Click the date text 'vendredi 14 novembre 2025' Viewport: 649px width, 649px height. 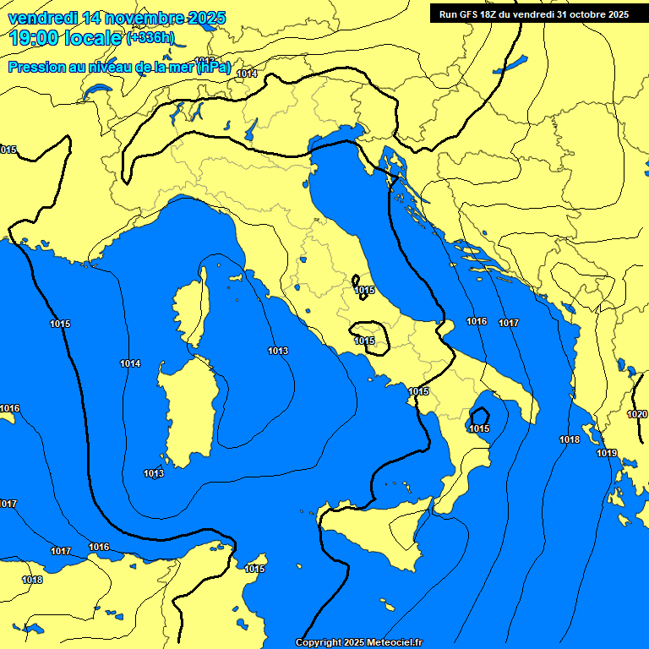point(117,17)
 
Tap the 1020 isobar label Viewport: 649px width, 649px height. point(636,414)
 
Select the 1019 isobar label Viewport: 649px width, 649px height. point(607,453)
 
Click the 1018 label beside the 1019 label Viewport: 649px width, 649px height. point(570,439)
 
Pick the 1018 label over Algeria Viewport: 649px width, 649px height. point(32,580)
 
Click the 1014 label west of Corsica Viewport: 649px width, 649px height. point(130,363)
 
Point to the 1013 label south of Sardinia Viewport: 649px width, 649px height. point(154,473)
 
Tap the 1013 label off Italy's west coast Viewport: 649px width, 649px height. point(278,351)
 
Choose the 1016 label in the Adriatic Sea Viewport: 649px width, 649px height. point(477,321)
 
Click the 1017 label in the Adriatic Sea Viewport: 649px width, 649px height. point(508,323)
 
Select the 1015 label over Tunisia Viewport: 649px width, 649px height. point(255,569)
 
